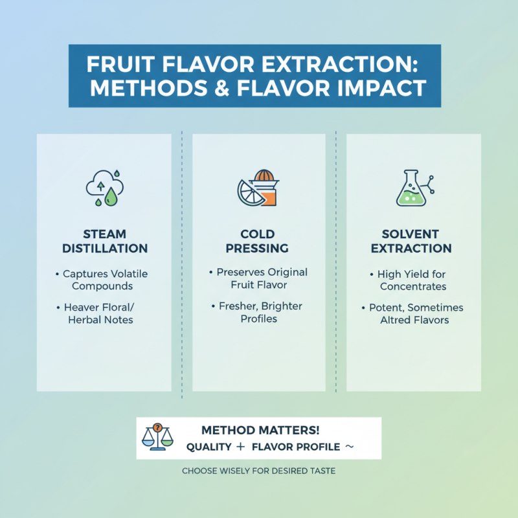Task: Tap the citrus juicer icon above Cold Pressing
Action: tap(258, 188)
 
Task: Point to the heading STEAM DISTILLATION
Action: tap(104, 241)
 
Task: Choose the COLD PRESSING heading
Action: tap(258, 241)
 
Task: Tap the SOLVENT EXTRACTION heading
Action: tap(412, 241)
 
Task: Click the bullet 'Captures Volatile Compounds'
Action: tap(104, 280)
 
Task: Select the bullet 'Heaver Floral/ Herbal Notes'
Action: tap(104, 313)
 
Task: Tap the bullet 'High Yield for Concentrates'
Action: tap(412, 280)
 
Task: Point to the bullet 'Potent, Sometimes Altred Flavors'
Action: tap(412, 313)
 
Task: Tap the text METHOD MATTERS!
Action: tap(260, 431)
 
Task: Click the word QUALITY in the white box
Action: tap(208, 447)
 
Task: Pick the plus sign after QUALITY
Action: tap(240, 447)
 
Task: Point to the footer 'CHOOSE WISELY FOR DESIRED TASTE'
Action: tap(258, 471)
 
